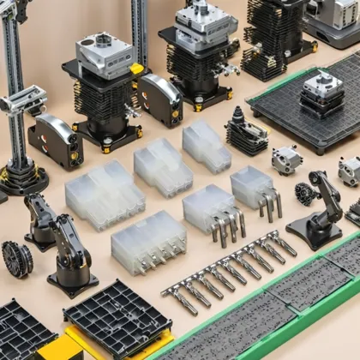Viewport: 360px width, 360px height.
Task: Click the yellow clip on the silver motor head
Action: click(x=136, y=68)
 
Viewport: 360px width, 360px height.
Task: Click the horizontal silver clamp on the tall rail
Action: click(x=21, y=100)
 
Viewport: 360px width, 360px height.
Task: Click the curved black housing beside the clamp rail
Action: click(x=57, y=141)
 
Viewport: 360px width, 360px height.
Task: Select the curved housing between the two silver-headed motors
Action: click(x=160, y=99)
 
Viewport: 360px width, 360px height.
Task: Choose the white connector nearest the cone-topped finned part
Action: click(x=207, y=145)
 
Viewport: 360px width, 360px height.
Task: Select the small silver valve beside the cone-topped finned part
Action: click(x=287, y=159)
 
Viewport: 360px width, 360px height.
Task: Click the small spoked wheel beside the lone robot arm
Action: click(x=304, y=194)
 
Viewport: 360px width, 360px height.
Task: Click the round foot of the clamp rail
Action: click(x=19, y=177)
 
